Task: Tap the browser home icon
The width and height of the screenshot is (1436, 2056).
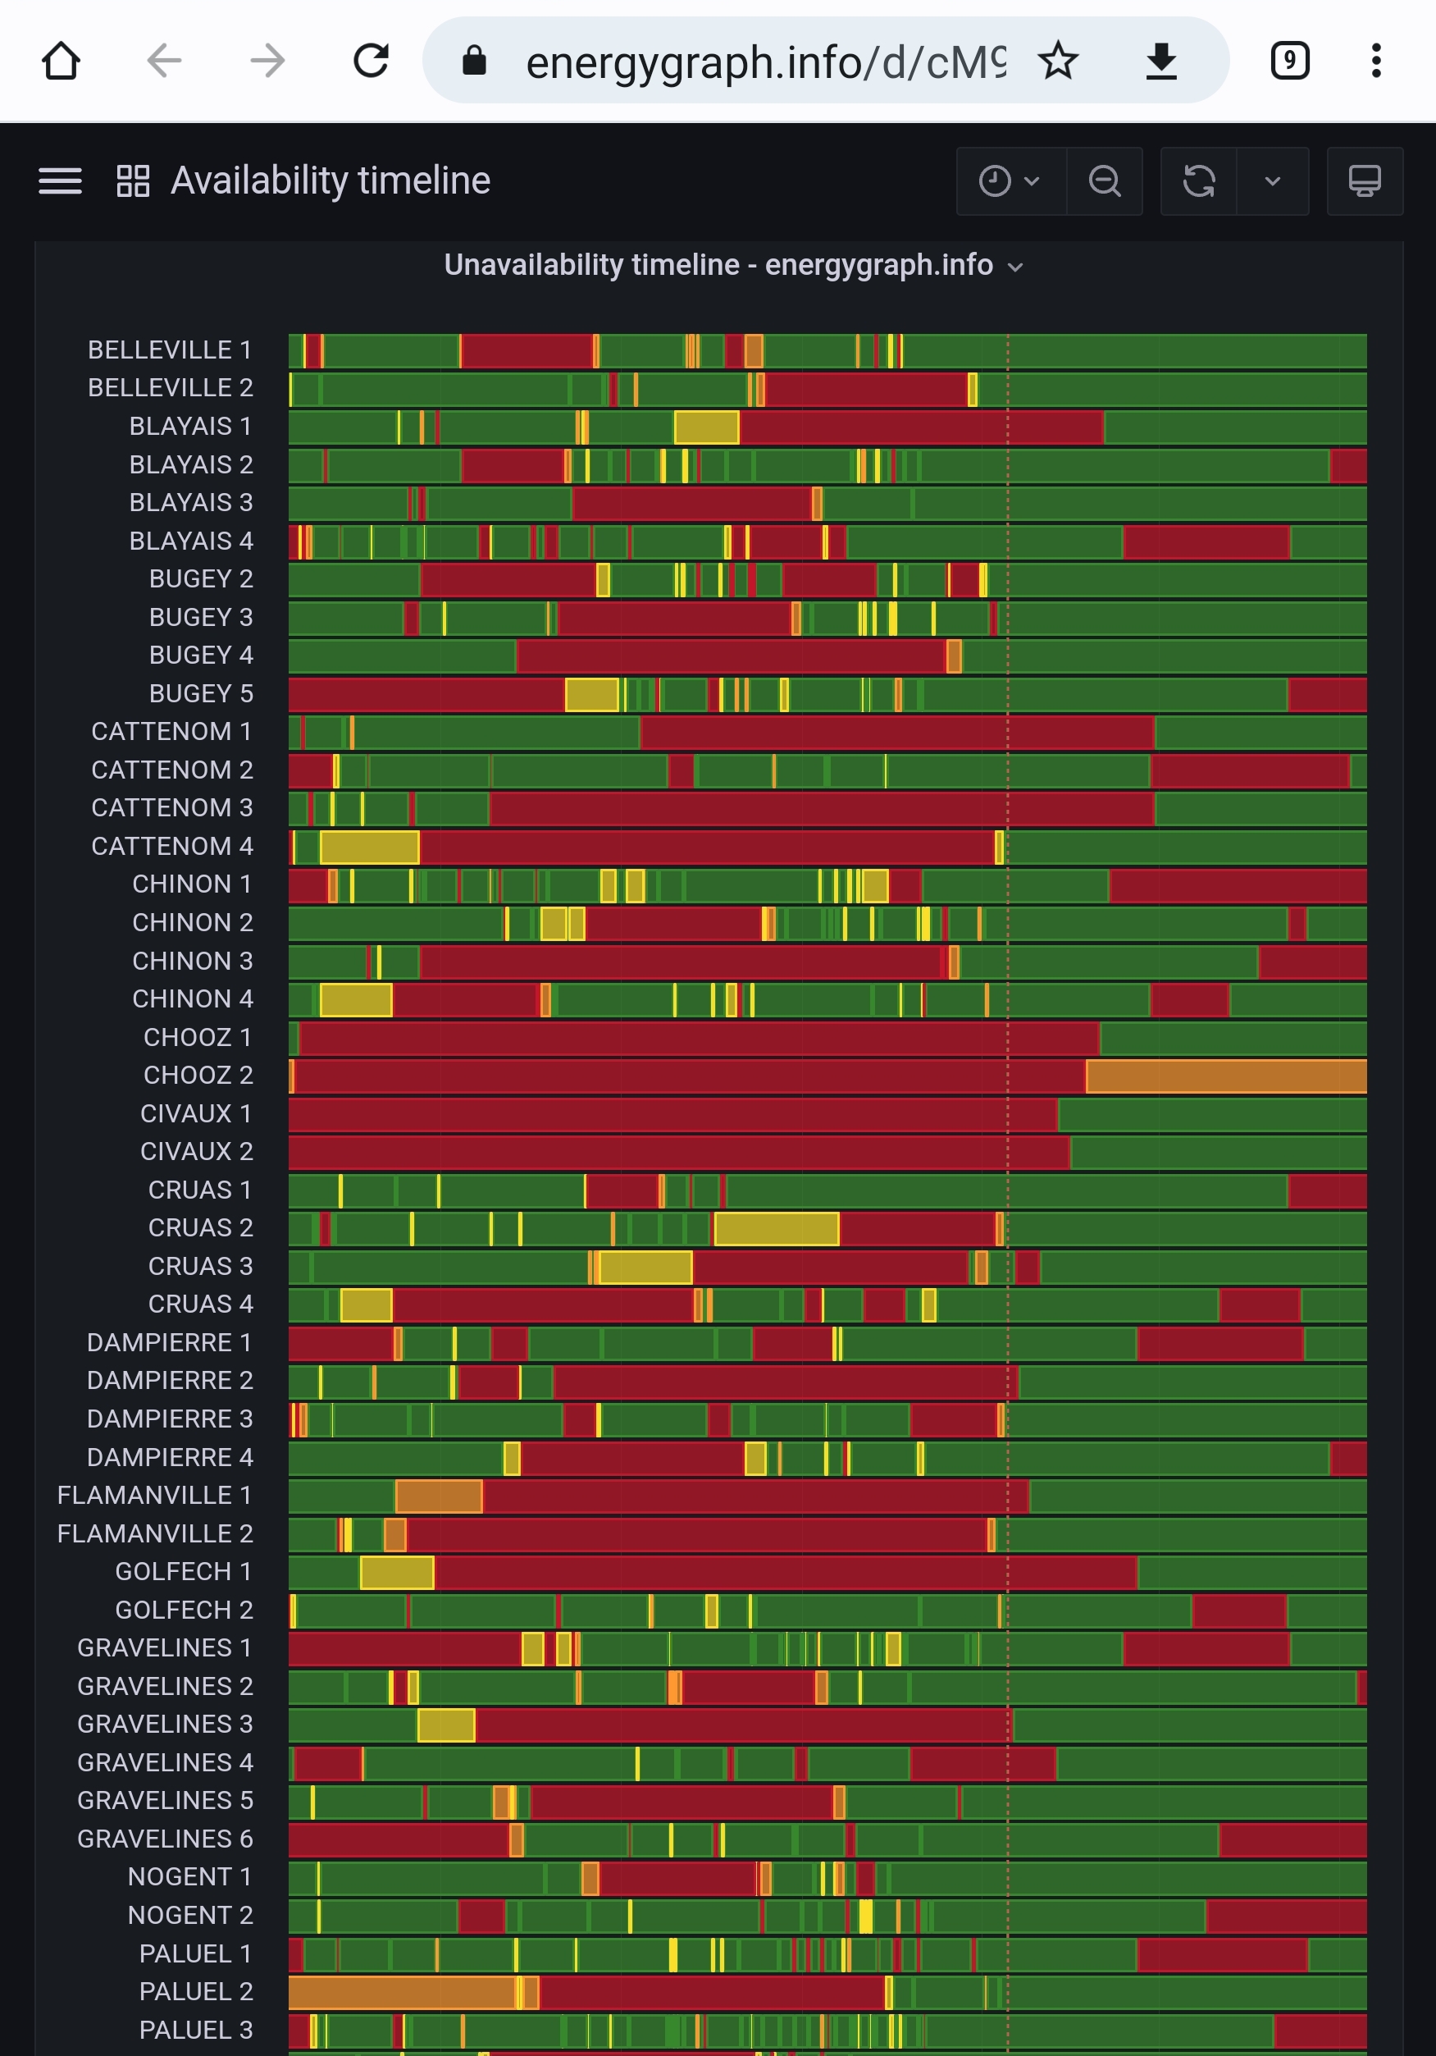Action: click(x=61, y=61)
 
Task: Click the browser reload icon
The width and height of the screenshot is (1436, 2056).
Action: click(x=371, y=61)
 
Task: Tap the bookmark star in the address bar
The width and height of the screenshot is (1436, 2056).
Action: click(x=1058, y=61)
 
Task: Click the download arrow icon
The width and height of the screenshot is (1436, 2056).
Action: click(x=1161, y=61)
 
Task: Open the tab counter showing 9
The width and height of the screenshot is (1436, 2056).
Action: click(x=1289, y=61)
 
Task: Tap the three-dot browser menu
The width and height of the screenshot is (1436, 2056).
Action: click(x=1376, y=61)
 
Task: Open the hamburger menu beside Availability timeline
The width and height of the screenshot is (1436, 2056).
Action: click(x=60, y=180)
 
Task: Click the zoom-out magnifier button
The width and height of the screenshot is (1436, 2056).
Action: click(x=1105, y=180)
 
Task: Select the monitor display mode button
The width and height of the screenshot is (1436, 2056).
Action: click(x=1365, y=180)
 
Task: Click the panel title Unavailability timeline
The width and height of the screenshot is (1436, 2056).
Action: click(x=718, y=265)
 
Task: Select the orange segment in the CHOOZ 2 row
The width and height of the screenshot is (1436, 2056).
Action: click(x=1225, y=1076)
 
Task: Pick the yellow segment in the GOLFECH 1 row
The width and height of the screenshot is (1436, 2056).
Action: click(x=397, y=1573)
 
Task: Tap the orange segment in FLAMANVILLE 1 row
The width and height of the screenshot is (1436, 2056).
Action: click(x=439, y=1496)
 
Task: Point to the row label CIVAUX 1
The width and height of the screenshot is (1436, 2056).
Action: click(x=196, y=1114)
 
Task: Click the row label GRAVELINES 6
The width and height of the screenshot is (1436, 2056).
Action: click(x=165, y=1839)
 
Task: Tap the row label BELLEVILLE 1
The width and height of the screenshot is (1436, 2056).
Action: click(x=169, y=350)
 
